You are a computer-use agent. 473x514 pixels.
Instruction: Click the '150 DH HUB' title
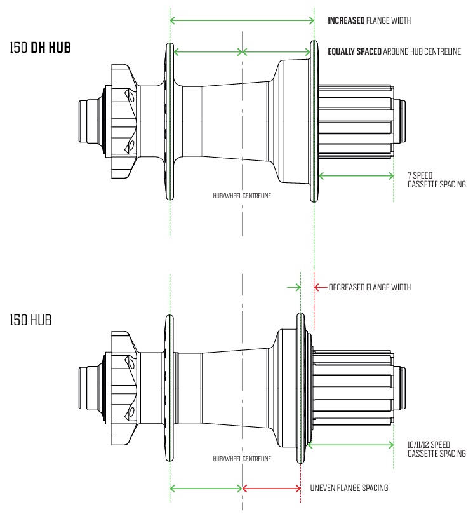pos(49,47)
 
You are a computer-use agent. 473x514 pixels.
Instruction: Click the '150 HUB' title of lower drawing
pos(30,319)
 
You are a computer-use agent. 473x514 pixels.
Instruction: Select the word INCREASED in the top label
pos(345,20)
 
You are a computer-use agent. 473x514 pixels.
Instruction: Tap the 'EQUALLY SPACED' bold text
pos(354,51)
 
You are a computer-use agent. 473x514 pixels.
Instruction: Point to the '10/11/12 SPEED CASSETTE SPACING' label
pos(437,449)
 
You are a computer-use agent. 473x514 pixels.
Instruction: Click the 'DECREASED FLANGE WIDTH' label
pos(370,287)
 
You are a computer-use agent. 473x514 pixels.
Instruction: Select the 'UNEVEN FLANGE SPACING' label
pos(349,488)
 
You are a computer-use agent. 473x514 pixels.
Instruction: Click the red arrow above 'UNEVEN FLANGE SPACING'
pos(271,488)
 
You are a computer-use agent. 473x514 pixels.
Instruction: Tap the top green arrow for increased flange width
pos(242,21)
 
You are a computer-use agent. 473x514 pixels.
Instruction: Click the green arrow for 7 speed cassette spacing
pos(356,175)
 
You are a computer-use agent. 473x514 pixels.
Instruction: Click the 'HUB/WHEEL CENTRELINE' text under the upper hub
pos(242,196)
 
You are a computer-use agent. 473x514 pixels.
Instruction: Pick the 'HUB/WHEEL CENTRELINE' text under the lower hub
pos(242,458)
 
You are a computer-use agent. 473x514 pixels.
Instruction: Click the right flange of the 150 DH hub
pos(314,121)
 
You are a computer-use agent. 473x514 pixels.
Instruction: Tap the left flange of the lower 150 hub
pos(170,388)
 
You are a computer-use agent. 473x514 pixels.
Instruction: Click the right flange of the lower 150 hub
pos(300,388)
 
